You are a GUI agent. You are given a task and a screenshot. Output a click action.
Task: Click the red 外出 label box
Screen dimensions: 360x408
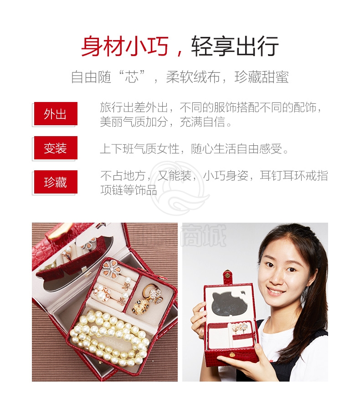(x=56, y=113)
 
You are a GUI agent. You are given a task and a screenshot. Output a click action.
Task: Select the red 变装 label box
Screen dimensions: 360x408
(x=56, y=148)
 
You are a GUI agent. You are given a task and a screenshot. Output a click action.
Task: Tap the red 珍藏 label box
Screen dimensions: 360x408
(x=56, y=182)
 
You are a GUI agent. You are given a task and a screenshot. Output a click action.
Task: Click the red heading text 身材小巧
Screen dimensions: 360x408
(x=125, y=46)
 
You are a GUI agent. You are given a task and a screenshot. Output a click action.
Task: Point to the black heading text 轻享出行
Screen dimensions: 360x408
(x=235, y=46)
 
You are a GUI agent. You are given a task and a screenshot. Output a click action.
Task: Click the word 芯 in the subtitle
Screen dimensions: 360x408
(x=132, y=77)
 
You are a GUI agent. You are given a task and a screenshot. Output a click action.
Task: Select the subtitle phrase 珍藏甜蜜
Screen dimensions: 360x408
(x=262, y=77)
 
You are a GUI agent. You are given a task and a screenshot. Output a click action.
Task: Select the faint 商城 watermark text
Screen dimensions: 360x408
(x=203, y=236)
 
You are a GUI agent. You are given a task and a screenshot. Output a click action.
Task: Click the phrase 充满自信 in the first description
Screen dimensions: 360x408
(x=202, y=122)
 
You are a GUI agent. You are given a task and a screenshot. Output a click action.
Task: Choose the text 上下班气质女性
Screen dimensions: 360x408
(x=140, y=149)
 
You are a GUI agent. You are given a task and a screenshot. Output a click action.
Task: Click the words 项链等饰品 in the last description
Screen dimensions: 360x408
(x=129, y=190)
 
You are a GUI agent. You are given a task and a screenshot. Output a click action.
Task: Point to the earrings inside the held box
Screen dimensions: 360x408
(x=240, y=328)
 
